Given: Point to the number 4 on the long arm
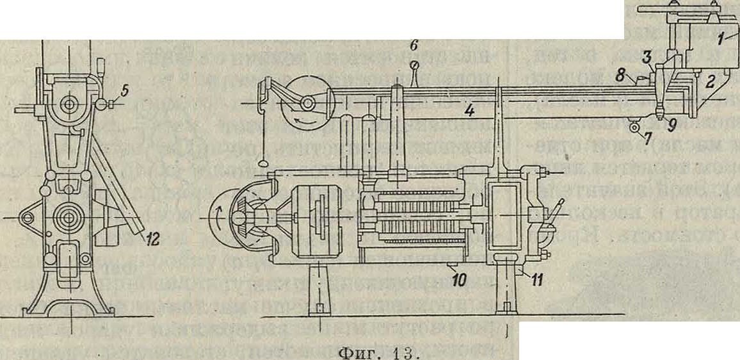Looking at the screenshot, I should point(470,110).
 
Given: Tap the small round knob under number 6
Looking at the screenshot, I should point(415,64).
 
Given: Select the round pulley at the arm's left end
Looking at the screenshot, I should point(304,104).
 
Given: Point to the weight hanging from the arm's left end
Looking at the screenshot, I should point(263,165).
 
